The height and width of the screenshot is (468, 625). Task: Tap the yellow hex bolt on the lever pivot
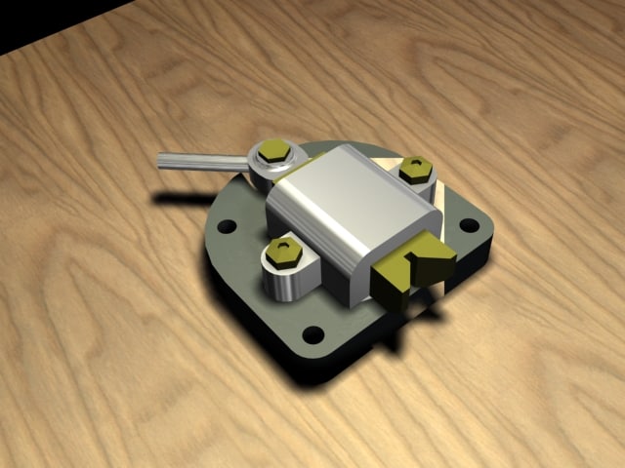point(272,151)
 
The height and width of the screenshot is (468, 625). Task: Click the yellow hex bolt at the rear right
point(417,169)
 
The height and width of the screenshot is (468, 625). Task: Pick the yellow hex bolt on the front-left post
point(284,250)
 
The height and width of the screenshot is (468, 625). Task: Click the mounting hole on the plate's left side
point(227,226)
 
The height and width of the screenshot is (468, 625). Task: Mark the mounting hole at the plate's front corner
point(312,335)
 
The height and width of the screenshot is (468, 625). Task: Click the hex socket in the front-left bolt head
point(284,248)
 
